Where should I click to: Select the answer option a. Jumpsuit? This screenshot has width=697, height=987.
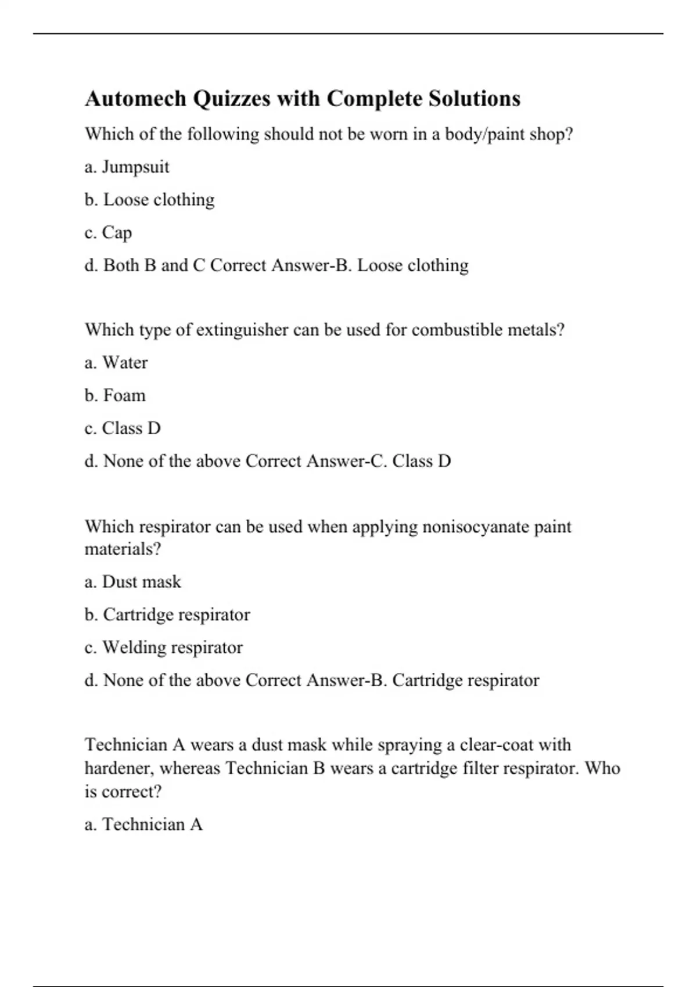click(x=127, y=167)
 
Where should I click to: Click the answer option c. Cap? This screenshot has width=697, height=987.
click(x=108, y=233)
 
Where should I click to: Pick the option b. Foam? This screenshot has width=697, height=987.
click(x=115, y=395)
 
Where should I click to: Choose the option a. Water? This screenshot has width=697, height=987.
click(x=116, y=363)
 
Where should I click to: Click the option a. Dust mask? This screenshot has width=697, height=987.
click(x=132, y=582)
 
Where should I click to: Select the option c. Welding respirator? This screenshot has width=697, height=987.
click(x=163, y=647)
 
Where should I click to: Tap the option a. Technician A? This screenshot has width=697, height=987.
click(x=143, y=824)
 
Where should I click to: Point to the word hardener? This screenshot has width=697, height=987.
click(x=119, y=769)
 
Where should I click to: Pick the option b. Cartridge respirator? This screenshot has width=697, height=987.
click(x=167, y=615)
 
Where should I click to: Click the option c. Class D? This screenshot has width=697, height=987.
click(x=123, y=428)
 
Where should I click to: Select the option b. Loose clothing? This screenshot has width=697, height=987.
click(x=149, y=200)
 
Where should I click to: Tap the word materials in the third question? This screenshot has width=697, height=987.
click(x=122, y=549)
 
